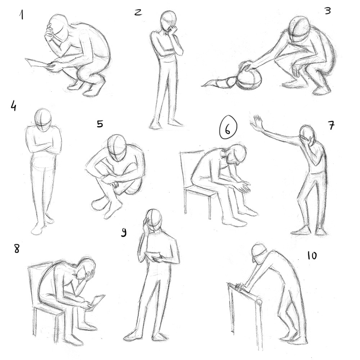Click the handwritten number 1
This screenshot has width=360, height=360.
[22, 15]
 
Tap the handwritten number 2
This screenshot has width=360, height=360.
[138, 12]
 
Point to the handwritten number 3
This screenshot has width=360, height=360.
[327, 11]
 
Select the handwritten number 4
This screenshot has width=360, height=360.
[13, 106]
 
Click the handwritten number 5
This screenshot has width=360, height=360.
[100, 124]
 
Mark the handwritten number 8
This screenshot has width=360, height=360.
[17, 248]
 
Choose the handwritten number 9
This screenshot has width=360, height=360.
[123, 233]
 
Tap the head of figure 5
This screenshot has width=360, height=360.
[117, 148]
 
